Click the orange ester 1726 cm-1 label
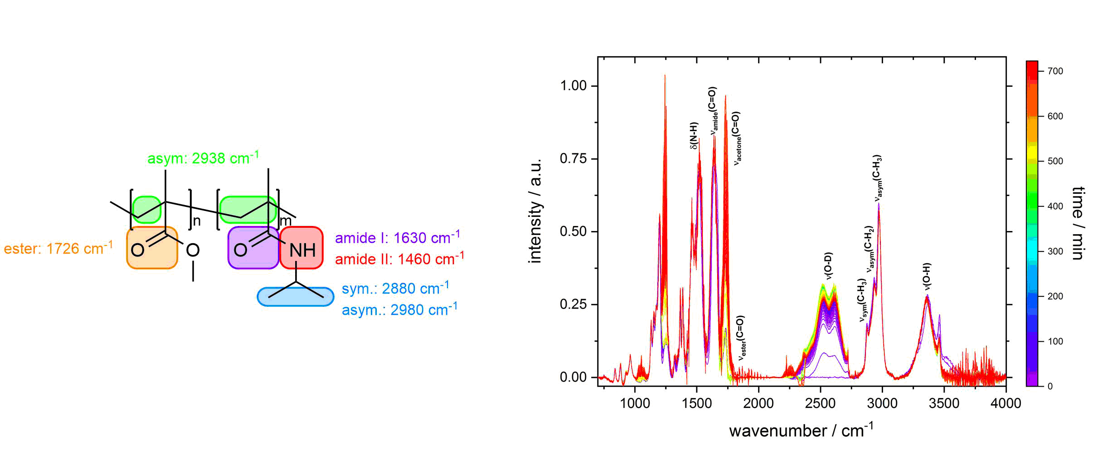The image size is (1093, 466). (58, 249)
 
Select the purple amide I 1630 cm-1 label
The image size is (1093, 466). (397, 237)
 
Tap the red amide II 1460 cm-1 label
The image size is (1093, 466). (399, 259)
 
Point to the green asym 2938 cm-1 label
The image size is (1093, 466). (203, 158)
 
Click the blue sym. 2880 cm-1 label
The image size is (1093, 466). (395, 288)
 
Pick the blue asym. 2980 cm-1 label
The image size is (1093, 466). (399, 309)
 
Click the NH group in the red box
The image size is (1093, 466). (302, 250)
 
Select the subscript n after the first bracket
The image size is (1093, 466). (197, 221)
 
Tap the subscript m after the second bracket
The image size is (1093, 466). (286, 221)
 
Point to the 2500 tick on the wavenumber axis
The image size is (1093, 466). (820, 403)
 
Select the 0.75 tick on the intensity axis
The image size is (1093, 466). (573, 158)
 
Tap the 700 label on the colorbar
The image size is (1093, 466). (1055, 71)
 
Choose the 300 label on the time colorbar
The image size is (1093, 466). (1055, 251)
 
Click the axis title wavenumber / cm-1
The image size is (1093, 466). (801, 430)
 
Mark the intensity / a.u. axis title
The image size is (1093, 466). (535, 211)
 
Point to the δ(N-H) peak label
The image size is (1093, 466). (694, 135)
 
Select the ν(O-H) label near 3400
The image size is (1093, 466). (927, 276)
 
